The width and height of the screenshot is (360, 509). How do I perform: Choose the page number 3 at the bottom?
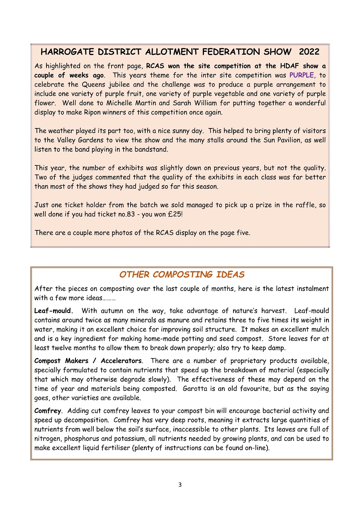coord(180,485)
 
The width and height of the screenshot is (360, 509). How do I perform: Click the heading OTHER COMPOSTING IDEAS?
coord(182,274)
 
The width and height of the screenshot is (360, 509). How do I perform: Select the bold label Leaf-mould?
coord(54,310)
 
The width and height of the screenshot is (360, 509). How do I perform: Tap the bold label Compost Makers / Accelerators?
coord(88,361)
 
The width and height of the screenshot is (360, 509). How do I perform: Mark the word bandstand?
coord(148,149)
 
